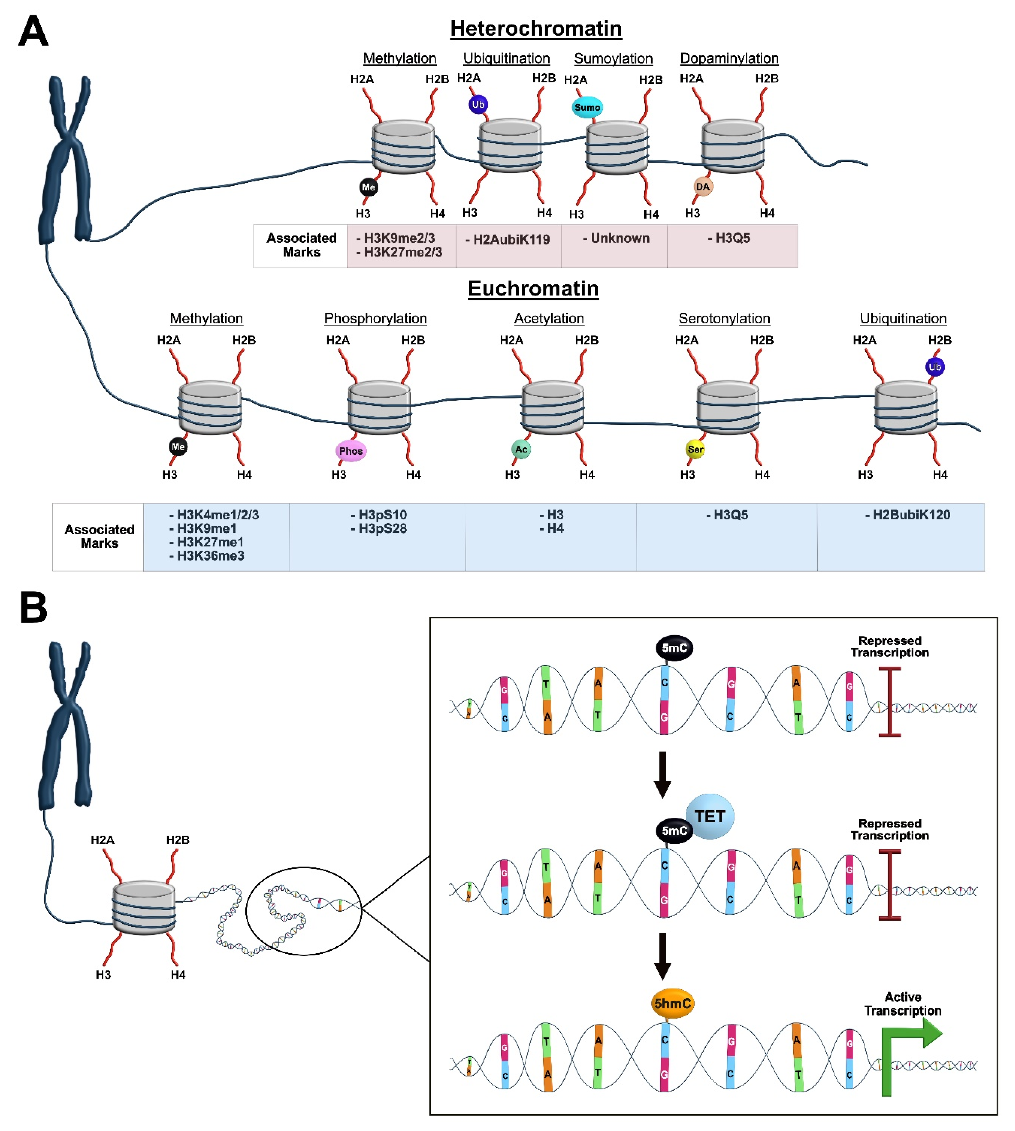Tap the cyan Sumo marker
coord(587,107)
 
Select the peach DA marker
coord(703,186)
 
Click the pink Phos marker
coord(351,451)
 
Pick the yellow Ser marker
coord(695,449)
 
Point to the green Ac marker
coord(521,449)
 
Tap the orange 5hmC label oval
coord(672,1003)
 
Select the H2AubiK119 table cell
coord(508,240)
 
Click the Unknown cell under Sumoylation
coord(616,239)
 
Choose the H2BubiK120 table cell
coord(907,515)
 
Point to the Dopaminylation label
coord(729,58)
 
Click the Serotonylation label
coord(724,319)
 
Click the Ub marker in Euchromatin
coord(935,367)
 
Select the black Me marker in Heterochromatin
coord(368,187)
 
